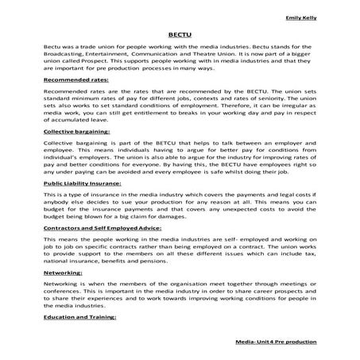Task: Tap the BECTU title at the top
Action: tap(179, 35)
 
